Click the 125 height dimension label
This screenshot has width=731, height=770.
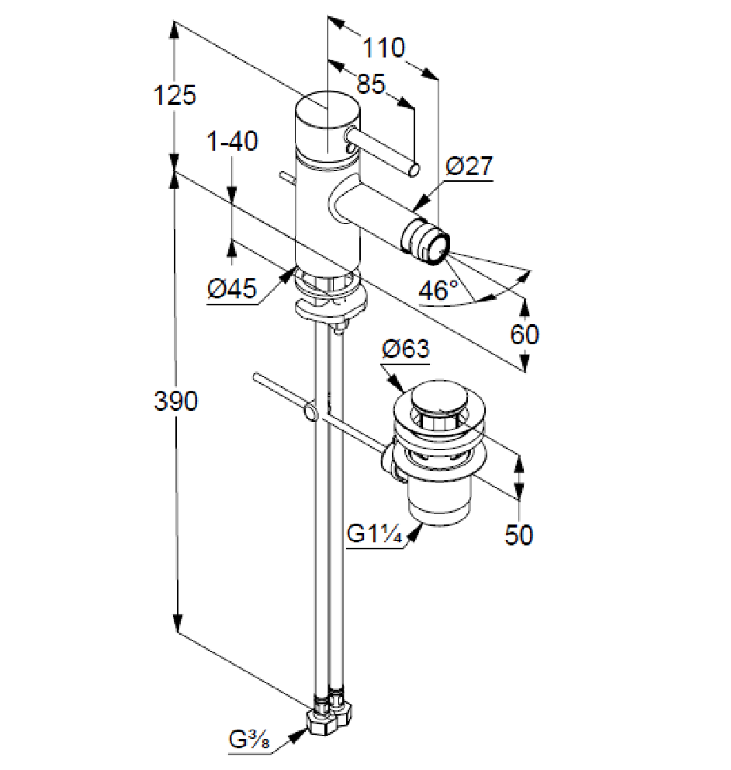175,96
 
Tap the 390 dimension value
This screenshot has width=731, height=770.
175,401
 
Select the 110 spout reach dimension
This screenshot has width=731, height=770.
384,48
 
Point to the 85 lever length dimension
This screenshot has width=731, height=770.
372,83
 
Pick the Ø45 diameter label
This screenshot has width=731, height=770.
232,290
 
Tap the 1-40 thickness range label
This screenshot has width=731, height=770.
232,141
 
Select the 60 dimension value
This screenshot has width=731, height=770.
525,334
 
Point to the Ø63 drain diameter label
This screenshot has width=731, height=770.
405,349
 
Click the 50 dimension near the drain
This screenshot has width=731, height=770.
519,535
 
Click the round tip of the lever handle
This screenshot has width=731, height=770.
416,169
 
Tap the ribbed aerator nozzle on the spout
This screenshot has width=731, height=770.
428,240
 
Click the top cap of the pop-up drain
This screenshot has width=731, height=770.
439,399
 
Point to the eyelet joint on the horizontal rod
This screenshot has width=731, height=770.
310,411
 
